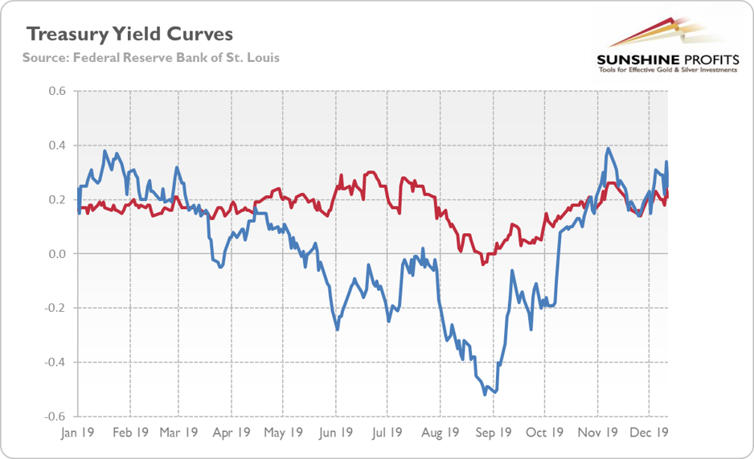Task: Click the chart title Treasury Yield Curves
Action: pyautogui.click(x=130, y=35)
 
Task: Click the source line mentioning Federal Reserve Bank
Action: pyautogui.click(x=151, y=59)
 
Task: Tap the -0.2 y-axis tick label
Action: pyautogui.click(x=54, y=308)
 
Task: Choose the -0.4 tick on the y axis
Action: pyautogui.click(x=54, y=363)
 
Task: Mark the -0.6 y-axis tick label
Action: pyautogui.click(x=54, y=416)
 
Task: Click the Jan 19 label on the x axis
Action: pyautogui.click(x=77, y=432)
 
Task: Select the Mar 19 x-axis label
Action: pyautogui.click(x=179, y=432)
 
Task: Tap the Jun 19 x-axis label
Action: pyautogui.click(x=337, y=432)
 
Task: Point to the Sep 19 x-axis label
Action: pyautogui.click(x=494, y=432)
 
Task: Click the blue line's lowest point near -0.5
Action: pyautogui.click(x=485, y=395)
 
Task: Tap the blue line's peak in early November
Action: pyautogui.click(x=609, y=149)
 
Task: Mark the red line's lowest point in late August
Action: pyautogui.click(x=482, y=264)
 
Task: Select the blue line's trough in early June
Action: pyautogui.click(x=337, y=330)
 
